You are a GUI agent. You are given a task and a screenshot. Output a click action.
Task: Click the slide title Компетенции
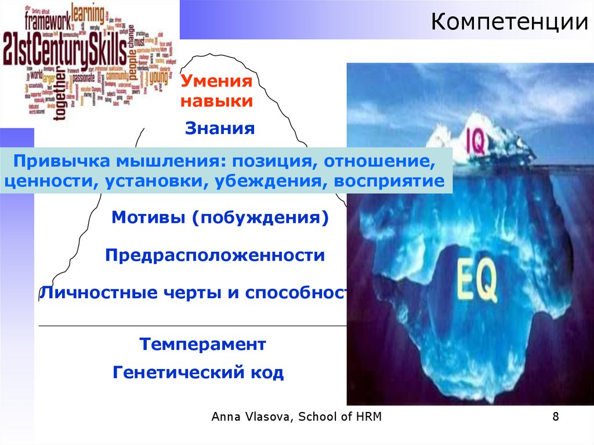[x=510, y=23]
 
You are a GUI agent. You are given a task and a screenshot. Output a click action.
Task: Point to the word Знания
[x=220, y=128]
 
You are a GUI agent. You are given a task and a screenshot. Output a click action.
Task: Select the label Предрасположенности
[x=215, y=256]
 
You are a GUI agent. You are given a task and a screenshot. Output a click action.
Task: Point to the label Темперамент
[x=202, y=345]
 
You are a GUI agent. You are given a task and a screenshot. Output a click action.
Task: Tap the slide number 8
[x=556, y=417]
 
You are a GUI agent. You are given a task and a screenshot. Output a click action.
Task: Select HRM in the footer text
[x=368, y=417]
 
